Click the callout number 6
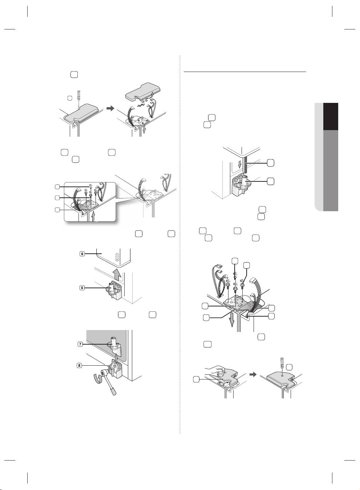pos(82,254)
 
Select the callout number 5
pos(82,288)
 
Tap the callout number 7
pos(80,344)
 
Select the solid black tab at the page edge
pos(331,116)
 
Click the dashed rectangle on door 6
pos(118,257)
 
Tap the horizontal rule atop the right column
pos(244,72)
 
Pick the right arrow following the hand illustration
pos(253,374)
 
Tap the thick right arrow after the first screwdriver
pos(111,108)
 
